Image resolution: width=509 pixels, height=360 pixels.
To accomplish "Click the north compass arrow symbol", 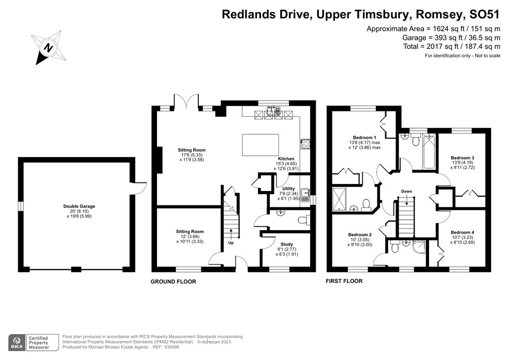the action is [x=47, y=48].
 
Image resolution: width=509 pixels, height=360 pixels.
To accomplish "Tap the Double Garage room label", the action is [x=79, y=206].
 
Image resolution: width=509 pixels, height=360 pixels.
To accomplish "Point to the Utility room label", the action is [x=288, y=189].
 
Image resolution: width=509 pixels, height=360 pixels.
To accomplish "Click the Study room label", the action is [x=286, y=244].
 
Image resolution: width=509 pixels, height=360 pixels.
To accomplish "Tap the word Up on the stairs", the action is [x=231, y=243].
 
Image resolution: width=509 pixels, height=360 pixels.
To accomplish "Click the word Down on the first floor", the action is [x=407, y=191].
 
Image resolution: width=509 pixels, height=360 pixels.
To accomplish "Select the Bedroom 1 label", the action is [x=364, y=137].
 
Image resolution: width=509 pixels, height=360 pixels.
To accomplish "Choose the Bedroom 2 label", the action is [x=360, y=235].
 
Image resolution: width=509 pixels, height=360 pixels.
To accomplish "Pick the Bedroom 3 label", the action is [x=462, y=158].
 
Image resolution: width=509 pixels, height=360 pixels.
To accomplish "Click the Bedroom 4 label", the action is [x=462, y=232].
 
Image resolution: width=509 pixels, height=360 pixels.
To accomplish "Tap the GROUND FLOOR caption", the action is [x=173, y=281].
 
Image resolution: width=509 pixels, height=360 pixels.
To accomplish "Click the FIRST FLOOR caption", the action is [x=344, y=281].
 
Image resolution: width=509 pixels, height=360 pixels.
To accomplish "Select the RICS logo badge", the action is [x=18, y=342].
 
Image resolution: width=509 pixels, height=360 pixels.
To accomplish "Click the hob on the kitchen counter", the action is [x=305, y=144].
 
